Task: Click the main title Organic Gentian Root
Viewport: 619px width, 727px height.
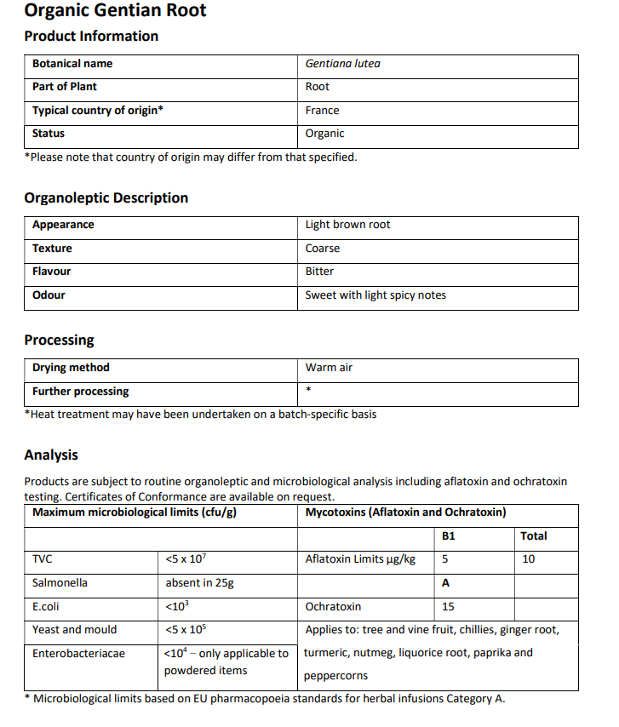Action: (115, 11)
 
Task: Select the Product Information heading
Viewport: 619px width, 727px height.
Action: (91, 36)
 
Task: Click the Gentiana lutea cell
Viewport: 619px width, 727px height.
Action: (342, 64)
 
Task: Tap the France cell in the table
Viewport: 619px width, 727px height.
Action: (322, 111)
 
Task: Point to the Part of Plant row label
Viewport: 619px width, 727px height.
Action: (65, 87)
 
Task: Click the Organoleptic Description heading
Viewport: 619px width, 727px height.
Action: (106, 197)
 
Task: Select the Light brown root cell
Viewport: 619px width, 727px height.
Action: (347, 225)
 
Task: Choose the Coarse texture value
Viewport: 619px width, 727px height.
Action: (322, 249)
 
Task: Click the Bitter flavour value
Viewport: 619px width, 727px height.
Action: (319, 272)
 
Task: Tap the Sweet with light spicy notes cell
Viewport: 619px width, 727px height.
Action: (375, 295)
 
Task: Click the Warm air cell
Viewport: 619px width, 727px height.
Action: (329, 368)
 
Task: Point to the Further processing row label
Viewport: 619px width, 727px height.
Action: (81, 392)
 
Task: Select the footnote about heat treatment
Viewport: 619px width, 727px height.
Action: (201, 415)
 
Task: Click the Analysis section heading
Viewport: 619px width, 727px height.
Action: (51, 455)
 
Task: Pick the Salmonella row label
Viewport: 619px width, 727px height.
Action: (60, 583)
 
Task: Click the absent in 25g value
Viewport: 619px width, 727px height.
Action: (199, 583)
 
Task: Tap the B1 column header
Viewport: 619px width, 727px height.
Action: (449, 536)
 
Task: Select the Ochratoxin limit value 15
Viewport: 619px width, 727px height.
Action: (448, 607)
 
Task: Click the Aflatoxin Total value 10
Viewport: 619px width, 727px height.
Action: (528, 559)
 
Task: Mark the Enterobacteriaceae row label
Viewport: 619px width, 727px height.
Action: (78, 654)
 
